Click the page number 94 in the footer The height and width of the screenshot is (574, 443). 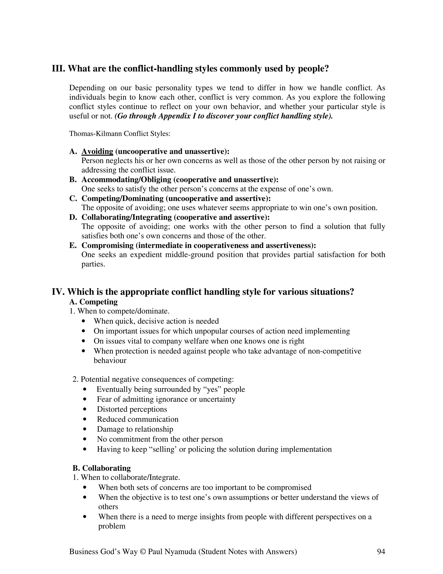(381, 551)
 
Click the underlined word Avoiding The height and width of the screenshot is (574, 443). (97, 151)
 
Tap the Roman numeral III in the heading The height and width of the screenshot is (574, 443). (58, 69)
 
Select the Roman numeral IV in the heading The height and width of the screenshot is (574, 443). (58, 292)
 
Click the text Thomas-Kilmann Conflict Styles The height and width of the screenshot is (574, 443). (120, 134)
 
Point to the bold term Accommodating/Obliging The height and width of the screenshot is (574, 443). (126, 180)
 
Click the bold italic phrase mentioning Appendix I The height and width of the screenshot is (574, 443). (224, 116)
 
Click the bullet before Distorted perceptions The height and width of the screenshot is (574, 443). (85, 409)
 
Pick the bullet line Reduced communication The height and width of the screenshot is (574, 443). (138, 419)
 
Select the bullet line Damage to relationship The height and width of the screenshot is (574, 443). (135, 429)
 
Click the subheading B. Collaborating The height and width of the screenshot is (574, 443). (102, 468)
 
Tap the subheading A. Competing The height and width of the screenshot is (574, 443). (93, 302)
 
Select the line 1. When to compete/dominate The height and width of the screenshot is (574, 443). (119, 311)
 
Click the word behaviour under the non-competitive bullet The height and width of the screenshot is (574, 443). (110, 360)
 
